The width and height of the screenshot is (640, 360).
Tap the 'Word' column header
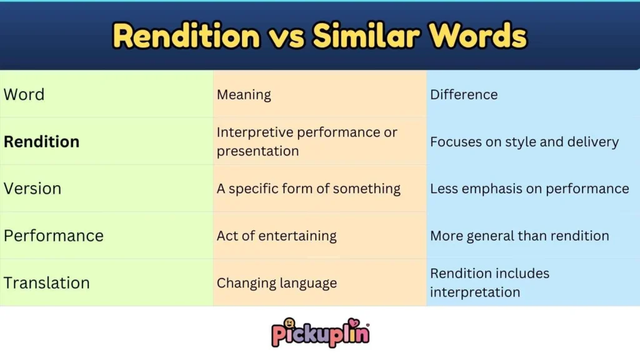(24, 94)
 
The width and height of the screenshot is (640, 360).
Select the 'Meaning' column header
(244, 95)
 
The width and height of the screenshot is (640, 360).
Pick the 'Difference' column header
(464, 95)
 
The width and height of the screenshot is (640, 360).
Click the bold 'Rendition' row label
(41, 141)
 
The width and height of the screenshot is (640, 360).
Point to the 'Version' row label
(32, 188)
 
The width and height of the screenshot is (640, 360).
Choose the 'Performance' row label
(54, 236)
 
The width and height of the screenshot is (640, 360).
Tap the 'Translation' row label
(47, 282)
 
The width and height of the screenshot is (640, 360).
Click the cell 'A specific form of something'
(309, 188)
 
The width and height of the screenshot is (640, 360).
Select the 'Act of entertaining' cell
(276, 236)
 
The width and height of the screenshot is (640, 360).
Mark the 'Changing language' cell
(276, 283)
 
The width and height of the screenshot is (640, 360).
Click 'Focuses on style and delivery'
(524, 142)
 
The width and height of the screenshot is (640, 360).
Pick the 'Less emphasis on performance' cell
(529, 188)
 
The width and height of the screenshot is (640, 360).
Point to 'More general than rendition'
(519, 236)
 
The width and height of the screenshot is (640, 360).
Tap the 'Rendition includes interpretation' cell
(489, 282)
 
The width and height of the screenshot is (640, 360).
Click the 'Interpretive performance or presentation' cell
(307, 141)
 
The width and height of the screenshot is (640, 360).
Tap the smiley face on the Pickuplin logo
(289, 323)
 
